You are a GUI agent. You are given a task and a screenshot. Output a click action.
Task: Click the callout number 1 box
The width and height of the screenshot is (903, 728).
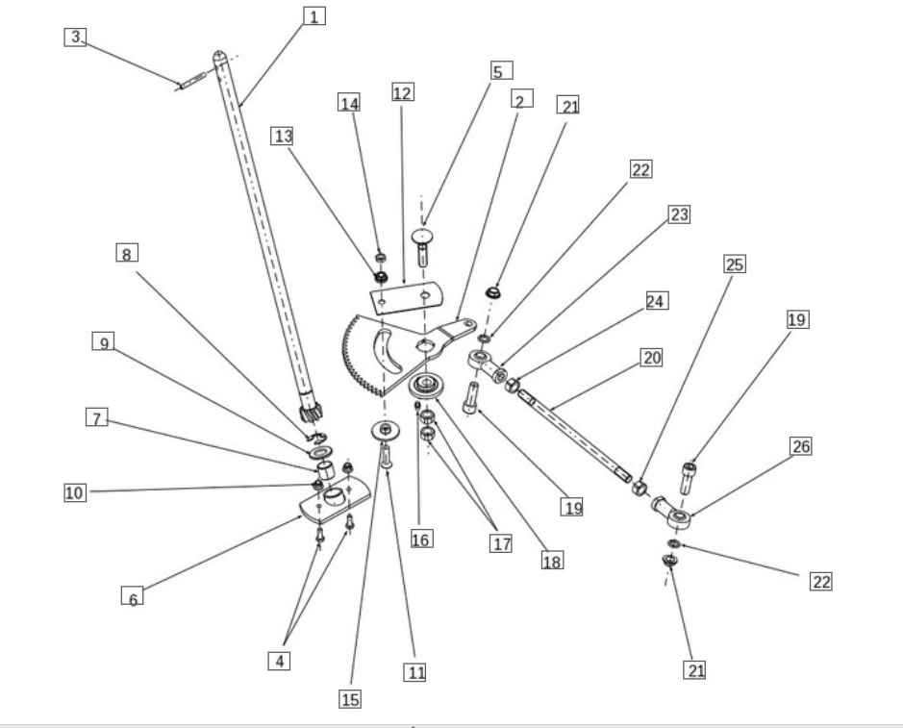(314, 16)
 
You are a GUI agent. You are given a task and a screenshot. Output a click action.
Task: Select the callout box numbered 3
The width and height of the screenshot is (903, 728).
(76, 38)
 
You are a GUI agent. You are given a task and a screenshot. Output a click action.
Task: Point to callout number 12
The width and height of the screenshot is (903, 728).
(403, 92)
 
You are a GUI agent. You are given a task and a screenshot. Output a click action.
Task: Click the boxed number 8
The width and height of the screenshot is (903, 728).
(127, 254)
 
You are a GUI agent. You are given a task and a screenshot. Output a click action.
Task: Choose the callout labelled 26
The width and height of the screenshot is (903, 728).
(801, 446)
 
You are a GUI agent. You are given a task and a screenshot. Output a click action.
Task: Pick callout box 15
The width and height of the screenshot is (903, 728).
(350, 699)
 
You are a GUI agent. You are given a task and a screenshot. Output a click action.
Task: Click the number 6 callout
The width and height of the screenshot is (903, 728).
(133, 598)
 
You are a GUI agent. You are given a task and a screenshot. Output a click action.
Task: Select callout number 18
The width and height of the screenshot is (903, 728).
(552, 561)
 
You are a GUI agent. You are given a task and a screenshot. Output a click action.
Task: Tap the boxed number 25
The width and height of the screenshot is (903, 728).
(736, 264)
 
